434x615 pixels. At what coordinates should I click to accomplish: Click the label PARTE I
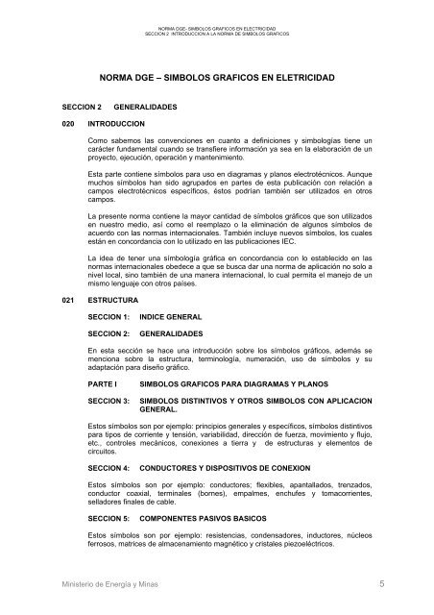(x=102, y=381)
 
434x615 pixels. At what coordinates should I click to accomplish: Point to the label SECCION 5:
(x=108, y=516)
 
